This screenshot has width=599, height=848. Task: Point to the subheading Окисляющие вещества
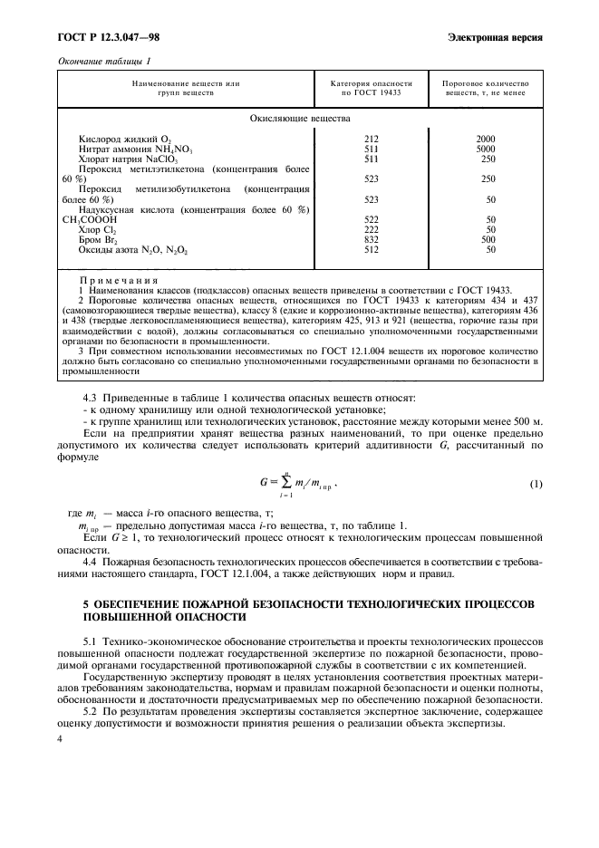pyautogui.click(x=300, y=118)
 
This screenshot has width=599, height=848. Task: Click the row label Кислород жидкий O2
pyautogui.click(x=113, y=140)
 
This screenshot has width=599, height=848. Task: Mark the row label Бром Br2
pyautogui.click(x=98, y=239)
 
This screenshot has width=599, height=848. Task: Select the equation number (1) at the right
pyautogui.click(x=536, y=484)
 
